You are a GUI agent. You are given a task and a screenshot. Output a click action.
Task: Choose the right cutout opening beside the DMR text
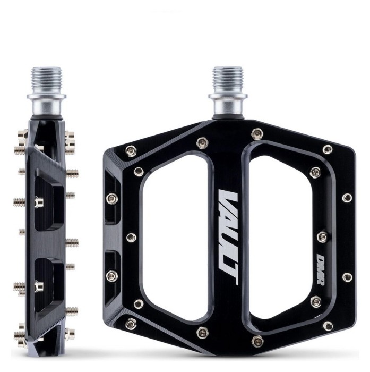(x=281, y=234)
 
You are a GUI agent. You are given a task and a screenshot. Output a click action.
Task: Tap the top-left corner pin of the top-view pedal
(x=130, y=150)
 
